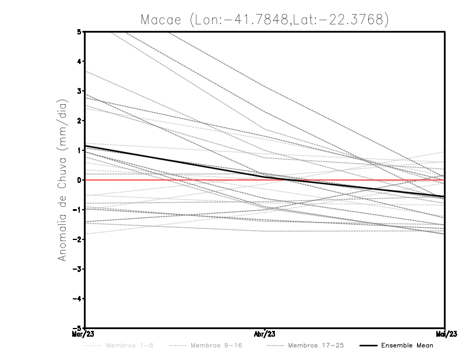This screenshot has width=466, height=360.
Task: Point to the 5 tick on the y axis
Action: pos(79,31)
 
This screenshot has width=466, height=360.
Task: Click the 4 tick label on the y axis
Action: pos(79,61)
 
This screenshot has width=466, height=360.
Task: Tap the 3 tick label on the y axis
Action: pos(79,91)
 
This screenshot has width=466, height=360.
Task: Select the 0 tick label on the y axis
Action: pos(79,180)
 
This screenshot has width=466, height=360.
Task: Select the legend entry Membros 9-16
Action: pos(216,345)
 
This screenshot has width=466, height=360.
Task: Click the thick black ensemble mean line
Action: pos(175,161)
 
